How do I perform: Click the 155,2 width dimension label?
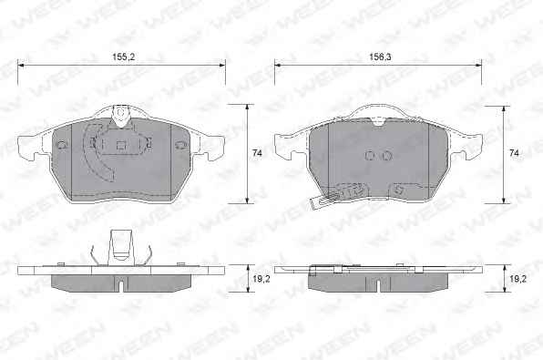point(123,57)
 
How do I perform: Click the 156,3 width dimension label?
point(380,57)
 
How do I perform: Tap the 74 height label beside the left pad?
point(257,153)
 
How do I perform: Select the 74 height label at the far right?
point(514,153)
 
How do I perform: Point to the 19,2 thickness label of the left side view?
point(261,279)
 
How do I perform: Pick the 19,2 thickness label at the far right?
point(517,279)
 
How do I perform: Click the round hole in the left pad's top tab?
point(120,113)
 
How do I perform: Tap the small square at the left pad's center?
point(120,145)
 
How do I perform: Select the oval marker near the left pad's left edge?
point(61,145)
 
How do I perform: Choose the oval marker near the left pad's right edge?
point(180,145)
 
